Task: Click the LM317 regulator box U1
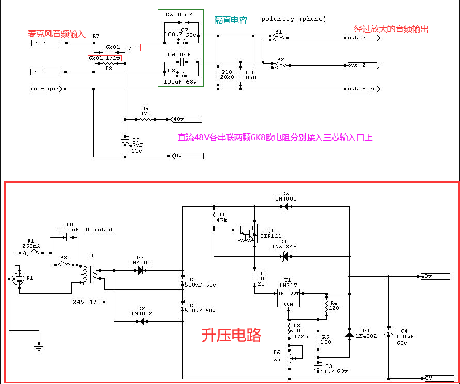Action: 288,298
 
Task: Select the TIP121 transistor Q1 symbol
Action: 247,233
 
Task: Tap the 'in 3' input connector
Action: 47,43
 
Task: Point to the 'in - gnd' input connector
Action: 46,89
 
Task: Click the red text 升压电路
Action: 231,336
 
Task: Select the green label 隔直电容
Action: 231,20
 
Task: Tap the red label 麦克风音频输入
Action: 56,34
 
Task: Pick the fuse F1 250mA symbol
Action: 32,253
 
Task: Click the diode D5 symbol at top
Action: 284,207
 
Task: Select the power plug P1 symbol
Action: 19,279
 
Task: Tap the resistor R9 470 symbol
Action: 145,119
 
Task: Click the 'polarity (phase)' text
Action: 294,19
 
